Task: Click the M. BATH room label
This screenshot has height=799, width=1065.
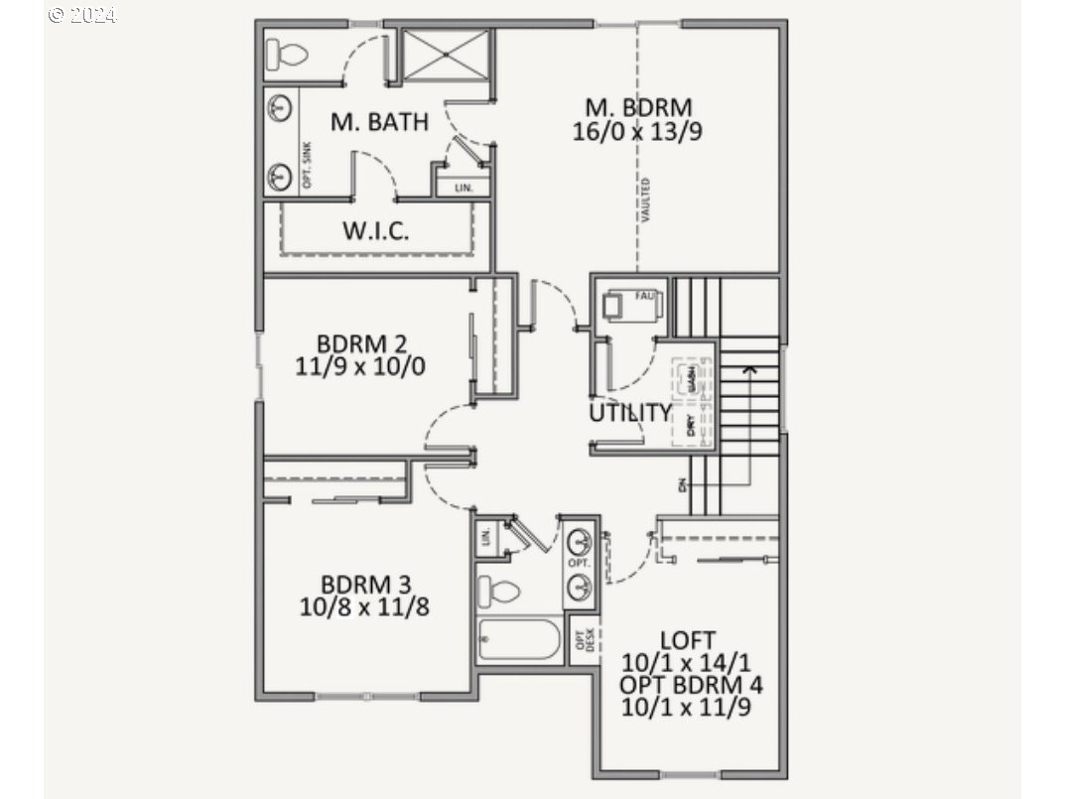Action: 379,122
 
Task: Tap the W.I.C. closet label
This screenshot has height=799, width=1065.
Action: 376,231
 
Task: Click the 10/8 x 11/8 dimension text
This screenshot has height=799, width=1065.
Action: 364,605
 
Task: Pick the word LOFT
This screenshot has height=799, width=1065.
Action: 687,640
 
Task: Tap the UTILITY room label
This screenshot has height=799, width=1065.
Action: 630,413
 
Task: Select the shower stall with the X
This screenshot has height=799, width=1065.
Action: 444,55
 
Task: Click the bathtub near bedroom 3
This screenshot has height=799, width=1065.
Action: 518,639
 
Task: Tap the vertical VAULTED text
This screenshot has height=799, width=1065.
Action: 646,200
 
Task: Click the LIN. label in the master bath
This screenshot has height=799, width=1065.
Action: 464,187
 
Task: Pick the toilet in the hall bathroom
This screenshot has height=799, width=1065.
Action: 498,592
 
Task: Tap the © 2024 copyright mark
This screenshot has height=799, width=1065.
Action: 82,15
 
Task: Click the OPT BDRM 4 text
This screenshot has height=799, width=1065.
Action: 691,685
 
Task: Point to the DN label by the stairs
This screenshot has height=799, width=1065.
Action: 682,485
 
